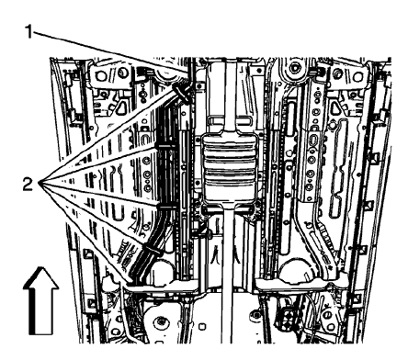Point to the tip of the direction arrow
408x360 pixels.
[40, 264]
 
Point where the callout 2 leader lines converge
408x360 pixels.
[41, 185]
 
